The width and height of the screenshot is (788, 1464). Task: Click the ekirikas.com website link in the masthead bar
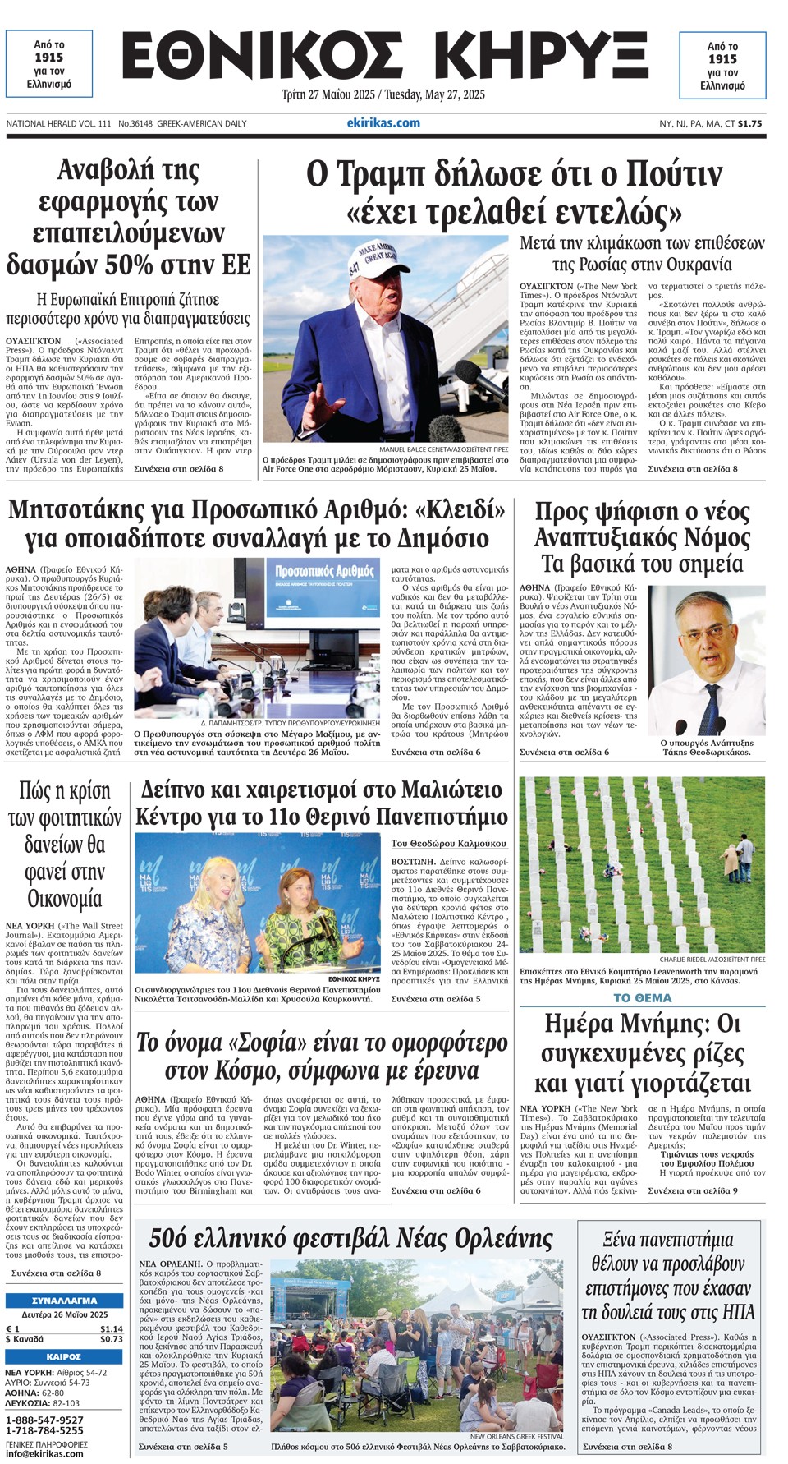point(383,123)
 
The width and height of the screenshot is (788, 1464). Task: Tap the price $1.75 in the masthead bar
point(749,124)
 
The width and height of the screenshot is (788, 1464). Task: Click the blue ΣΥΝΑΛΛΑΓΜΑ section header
point(64,1301)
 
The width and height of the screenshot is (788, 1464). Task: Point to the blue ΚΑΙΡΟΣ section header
point(64,1356)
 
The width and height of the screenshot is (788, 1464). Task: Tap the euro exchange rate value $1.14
point(111,1328)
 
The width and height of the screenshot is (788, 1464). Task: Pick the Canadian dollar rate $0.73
point(111,1339)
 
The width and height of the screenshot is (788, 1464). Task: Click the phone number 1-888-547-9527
point(44,1420)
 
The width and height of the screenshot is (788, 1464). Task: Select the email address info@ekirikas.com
point(44,1453)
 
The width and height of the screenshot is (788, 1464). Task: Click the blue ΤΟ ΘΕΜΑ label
point(642,998)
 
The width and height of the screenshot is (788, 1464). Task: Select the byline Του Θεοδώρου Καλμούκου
point(448,843)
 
